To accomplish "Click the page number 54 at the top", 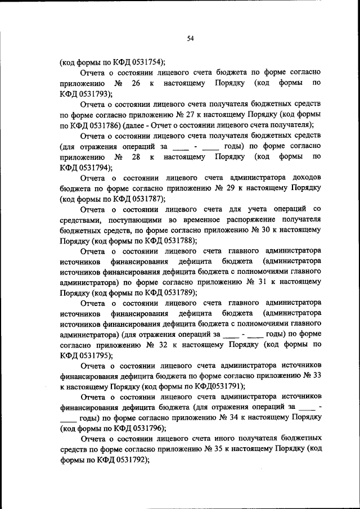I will point(190,38).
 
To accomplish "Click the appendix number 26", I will point(135,83).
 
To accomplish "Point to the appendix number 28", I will point(135,156).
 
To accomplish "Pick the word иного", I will point(224,438).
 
